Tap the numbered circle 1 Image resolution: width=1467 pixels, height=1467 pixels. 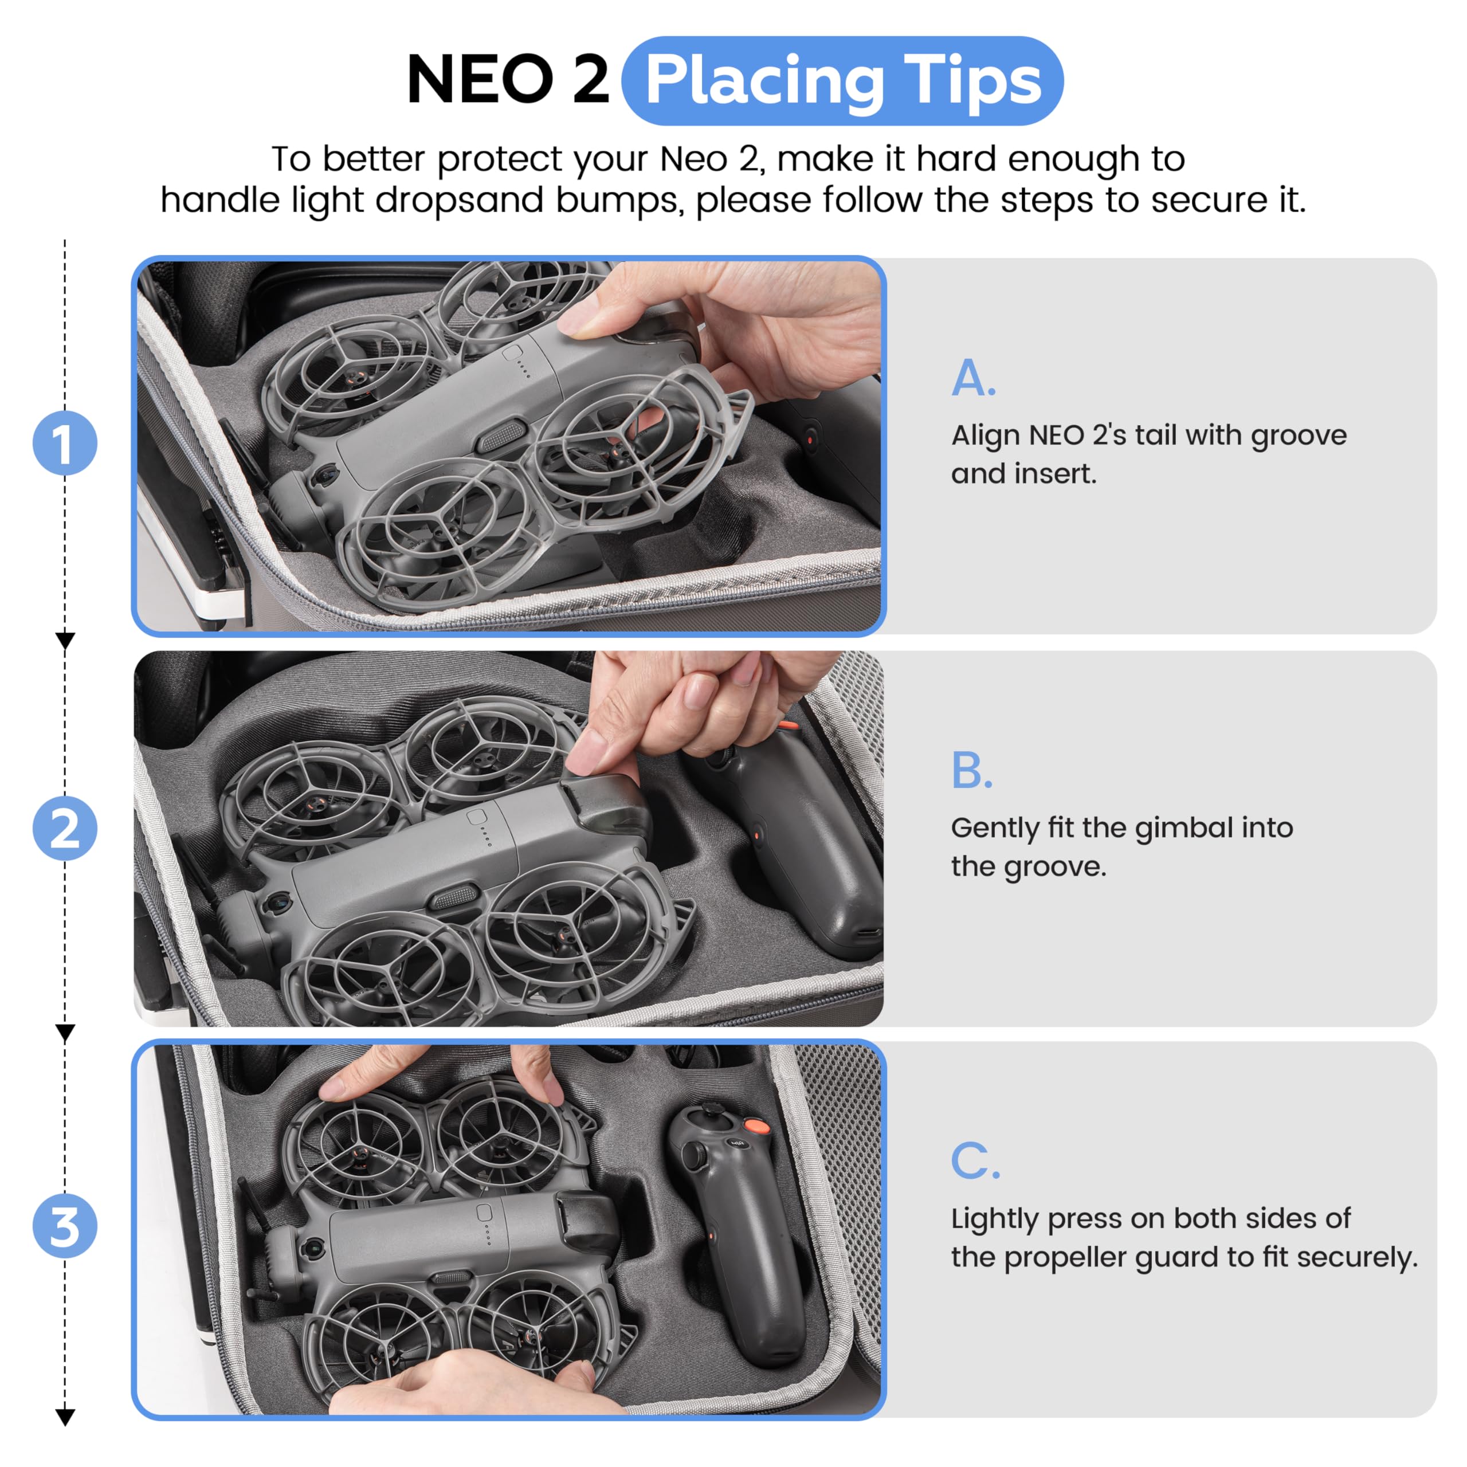click(65, 444)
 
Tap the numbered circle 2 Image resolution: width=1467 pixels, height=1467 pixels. click(65, 829)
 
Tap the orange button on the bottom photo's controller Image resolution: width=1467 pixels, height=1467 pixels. click(755, 1126)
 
